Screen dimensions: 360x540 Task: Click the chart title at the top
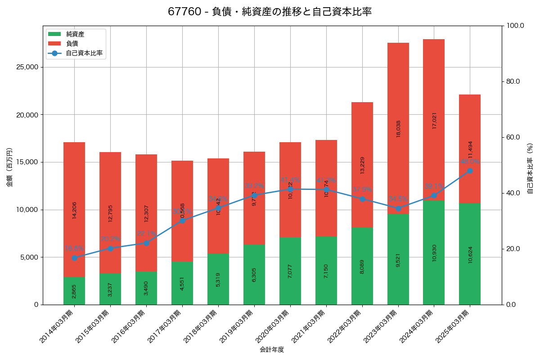(x=270, y=12)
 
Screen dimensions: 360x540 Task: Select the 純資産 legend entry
(x=75, y=34)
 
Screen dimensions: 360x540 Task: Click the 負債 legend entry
(x=72, y=44)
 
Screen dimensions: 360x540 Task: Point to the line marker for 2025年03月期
(x=470, y=171)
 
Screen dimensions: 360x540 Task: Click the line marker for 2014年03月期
(x=74, y=258)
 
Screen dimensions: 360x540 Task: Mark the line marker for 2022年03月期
(x=362, y=199)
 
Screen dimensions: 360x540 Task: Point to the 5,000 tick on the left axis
(x=30, y=257)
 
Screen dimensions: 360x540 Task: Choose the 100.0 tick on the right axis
(x=514, y=26)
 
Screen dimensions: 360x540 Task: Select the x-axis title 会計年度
(x=272, y=350)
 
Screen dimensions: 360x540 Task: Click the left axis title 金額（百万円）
(x=9, y=167)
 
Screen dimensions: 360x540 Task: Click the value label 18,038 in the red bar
(x=398, y=129)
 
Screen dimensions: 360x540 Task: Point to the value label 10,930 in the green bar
(x=434, y=253)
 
